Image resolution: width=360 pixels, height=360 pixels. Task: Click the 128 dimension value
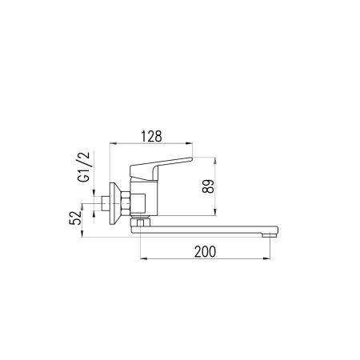[151, 136]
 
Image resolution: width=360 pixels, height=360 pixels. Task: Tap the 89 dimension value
[208, 186]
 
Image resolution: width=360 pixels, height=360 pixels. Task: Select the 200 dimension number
[205, 252]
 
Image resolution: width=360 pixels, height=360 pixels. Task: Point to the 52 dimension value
[75, 218]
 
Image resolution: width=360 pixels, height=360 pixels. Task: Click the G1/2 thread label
[84, 166]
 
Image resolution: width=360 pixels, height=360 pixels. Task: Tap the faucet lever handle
[161, 169]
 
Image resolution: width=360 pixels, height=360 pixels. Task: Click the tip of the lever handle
[192, 159]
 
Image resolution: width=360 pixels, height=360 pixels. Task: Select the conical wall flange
[115, 203]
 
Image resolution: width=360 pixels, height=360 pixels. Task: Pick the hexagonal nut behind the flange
[126, 203]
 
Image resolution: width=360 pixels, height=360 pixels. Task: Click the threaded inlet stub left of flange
[106, 203]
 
